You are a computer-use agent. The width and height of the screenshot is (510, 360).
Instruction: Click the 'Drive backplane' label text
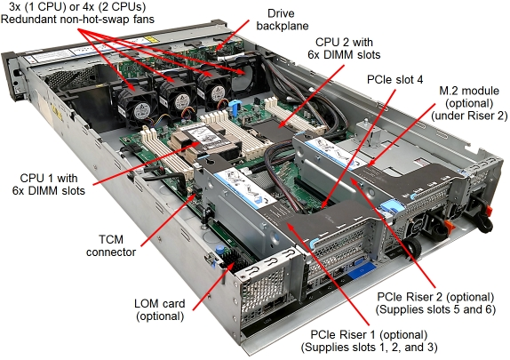tap(283, 20)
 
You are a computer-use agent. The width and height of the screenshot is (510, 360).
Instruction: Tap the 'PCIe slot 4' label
tap(394, 79)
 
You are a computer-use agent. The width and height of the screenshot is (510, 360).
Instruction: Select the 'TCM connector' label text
tap(111, 245)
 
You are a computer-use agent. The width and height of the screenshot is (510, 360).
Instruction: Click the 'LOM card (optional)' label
tap(160, 309)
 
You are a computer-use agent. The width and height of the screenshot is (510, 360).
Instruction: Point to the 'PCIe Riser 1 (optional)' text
tap(369, 334)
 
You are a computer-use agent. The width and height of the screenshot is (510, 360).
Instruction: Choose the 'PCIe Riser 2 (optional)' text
tap(435, 297)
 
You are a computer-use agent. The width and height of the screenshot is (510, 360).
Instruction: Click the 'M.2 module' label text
tap(469, 90)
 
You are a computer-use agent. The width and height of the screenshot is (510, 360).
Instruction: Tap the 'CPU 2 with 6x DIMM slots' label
tap(344, 48)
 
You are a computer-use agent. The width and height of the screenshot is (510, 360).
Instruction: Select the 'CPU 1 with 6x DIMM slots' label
tap(49, 184)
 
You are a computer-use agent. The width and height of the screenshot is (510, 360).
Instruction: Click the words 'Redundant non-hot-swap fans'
tap(77, 19)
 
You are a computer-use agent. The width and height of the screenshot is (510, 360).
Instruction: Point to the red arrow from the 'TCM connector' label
tap(169, 220)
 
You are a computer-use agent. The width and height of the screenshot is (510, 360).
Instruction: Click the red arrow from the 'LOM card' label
tap(213, 286)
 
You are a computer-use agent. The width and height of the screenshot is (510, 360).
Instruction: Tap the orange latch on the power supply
tap(450, 224)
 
